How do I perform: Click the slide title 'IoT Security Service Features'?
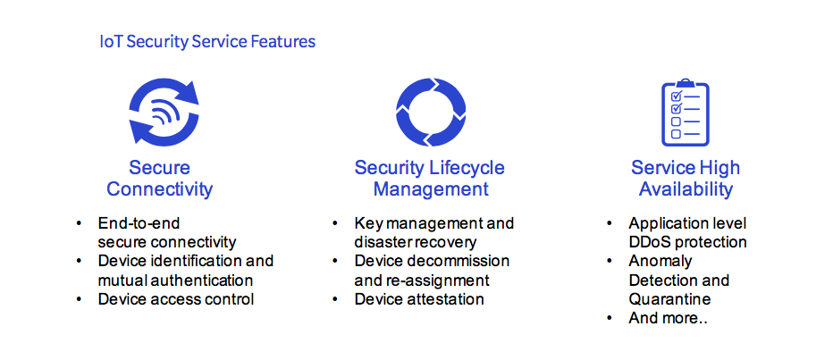(207, 41)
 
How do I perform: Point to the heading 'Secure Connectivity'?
(159, 179)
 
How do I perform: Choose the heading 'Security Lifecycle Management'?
(430, 179)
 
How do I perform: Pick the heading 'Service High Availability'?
(686, 179)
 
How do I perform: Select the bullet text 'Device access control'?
(176, 299)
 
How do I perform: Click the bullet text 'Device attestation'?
(419, 299)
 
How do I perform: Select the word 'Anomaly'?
(661, 262)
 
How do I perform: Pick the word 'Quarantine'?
(670, 299)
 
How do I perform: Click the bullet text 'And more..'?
(668, 318)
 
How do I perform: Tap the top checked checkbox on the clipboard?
(677, 96)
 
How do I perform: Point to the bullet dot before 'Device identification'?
(80, 261)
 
